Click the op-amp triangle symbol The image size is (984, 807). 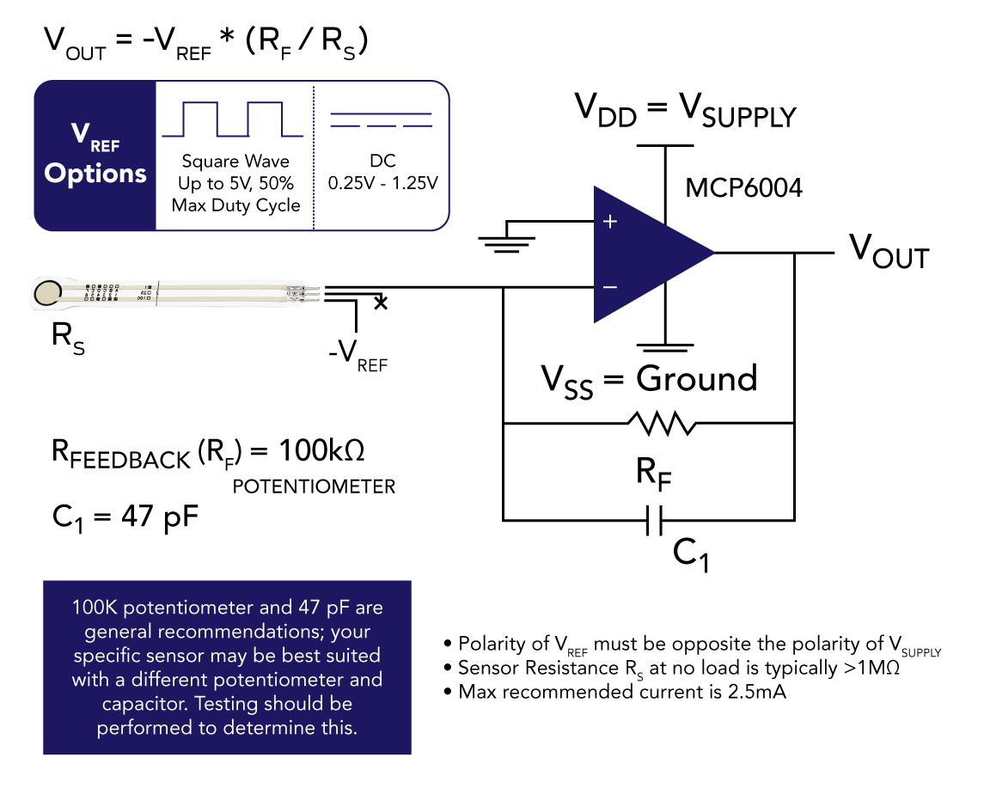click(x=645, y=253)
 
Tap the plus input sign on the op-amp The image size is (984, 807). click(x=610, y=222)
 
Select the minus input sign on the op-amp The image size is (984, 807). click(x=610, y=286)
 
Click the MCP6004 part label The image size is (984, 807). click(x=743, y=187)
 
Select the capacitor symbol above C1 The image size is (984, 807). click(x=654, y=520)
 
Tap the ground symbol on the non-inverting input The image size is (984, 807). click(x=506, y=241)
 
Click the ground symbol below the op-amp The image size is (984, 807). click(x=664, y=347)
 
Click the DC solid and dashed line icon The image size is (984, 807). click(x=381, y=119)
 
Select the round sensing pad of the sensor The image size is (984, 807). click(x=48, y=294)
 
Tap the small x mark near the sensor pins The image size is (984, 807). click(x=382, y=303)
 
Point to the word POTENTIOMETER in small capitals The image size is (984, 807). click(x=314, y=487)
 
